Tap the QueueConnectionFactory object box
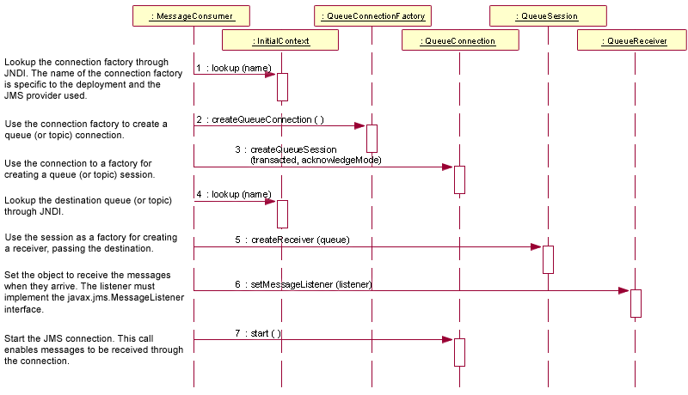(x=372, y=16)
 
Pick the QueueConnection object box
(x=459, y=40)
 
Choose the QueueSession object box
(x=548, y=16)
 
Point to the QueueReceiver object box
(x=635, y=40)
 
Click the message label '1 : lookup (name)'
(x=228, y=67)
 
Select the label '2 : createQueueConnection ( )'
(x=261, y=119)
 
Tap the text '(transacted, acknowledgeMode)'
(x=316, y=160)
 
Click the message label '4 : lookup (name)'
(x=228, y=195)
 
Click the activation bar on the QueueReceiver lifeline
(x=636, y=303)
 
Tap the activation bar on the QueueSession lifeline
(x=548, y=259)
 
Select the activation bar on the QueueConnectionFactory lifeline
(x=372, y=138)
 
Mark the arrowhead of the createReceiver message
(x=537, y=246)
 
